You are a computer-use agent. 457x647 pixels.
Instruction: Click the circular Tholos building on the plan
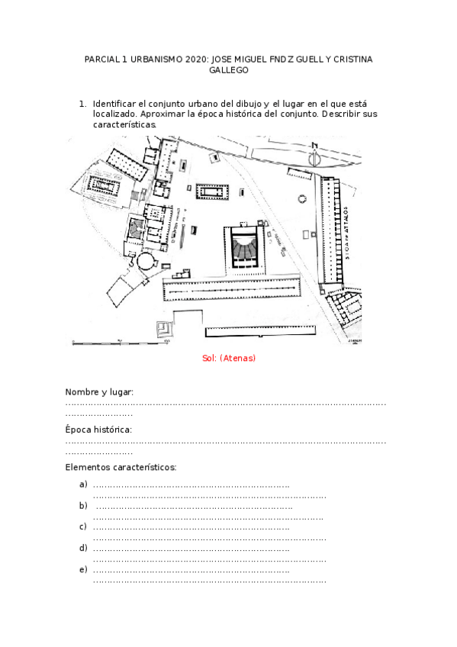coord(144,262)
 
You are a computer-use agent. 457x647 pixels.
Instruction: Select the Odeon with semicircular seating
coord(245,247)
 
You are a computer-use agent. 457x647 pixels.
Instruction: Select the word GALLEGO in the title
coord(228,70)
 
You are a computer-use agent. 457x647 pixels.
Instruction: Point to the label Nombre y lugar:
coord(99,392)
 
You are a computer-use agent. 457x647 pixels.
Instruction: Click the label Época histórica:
coord(98,430)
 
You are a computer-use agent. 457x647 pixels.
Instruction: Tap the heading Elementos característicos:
coord(121,467)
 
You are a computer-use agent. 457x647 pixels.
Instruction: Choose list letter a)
coord(83,484)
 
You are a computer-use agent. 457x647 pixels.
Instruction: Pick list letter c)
coord(83,526)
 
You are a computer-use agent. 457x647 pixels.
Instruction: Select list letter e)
coord(83,569)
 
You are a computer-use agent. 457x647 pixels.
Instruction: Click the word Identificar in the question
coord(114,104)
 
